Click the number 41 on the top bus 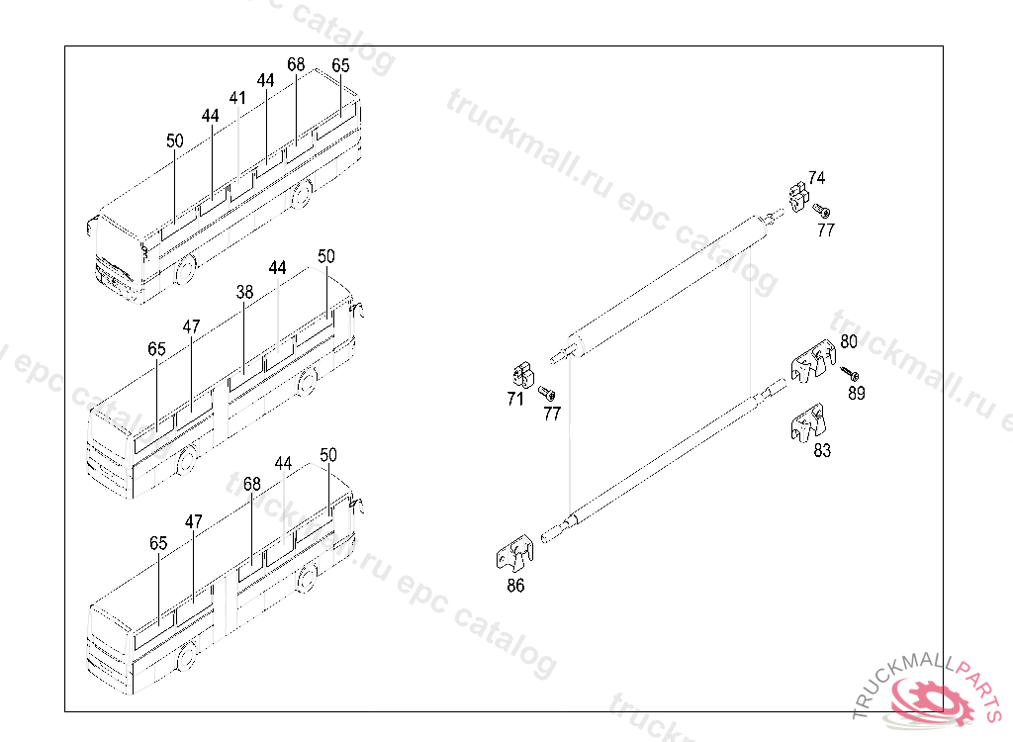tap(237, 98)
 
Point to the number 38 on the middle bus tap(245, 292)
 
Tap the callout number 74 tap(816, 178)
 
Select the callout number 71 tap(515, 400)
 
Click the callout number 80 tap(849, 341)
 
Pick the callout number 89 tap(857, 393)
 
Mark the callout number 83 tap(822, 450)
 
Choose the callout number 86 tap(515, 586)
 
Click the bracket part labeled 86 tap(514, 554)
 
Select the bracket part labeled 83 tap(808, 423)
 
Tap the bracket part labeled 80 tap(813, 362)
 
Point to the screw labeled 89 tap(850, 374)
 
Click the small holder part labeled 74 tap(798, 197)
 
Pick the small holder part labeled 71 tap(523, 375)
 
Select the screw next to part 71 tap(547, 393)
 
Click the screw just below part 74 tap(822, 210)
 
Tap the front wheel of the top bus tap(185, 269)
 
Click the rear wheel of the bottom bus tap(308, 577)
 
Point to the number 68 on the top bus tap(296, 64)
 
